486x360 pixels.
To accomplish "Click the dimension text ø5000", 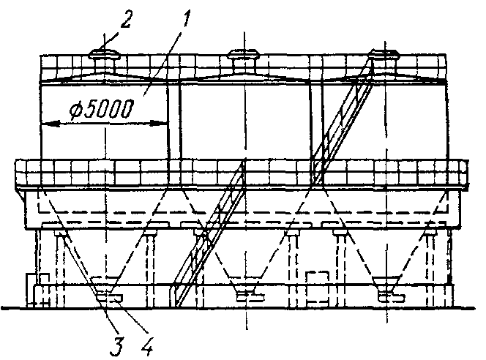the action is click(101, 109).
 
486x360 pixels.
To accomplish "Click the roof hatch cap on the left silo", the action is click(104, 54).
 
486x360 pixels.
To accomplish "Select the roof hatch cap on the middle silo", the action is click(242, 54).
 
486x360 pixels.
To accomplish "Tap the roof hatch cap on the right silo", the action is click(384, 54).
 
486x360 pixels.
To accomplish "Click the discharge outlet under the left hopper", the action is click(108, 296).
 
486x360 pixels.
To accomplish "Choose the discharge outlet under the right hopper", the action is click(392, 296).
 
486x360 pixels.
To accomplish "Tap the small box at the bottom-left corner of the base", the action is click(37, 290).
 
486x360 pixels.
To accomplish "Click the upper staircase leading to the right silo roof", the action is click(343, 121).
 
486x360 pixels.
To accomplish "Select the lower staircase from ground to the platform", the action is click(209, 234).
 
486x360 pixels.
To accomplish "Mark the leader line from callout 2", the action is click(111, 39).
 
